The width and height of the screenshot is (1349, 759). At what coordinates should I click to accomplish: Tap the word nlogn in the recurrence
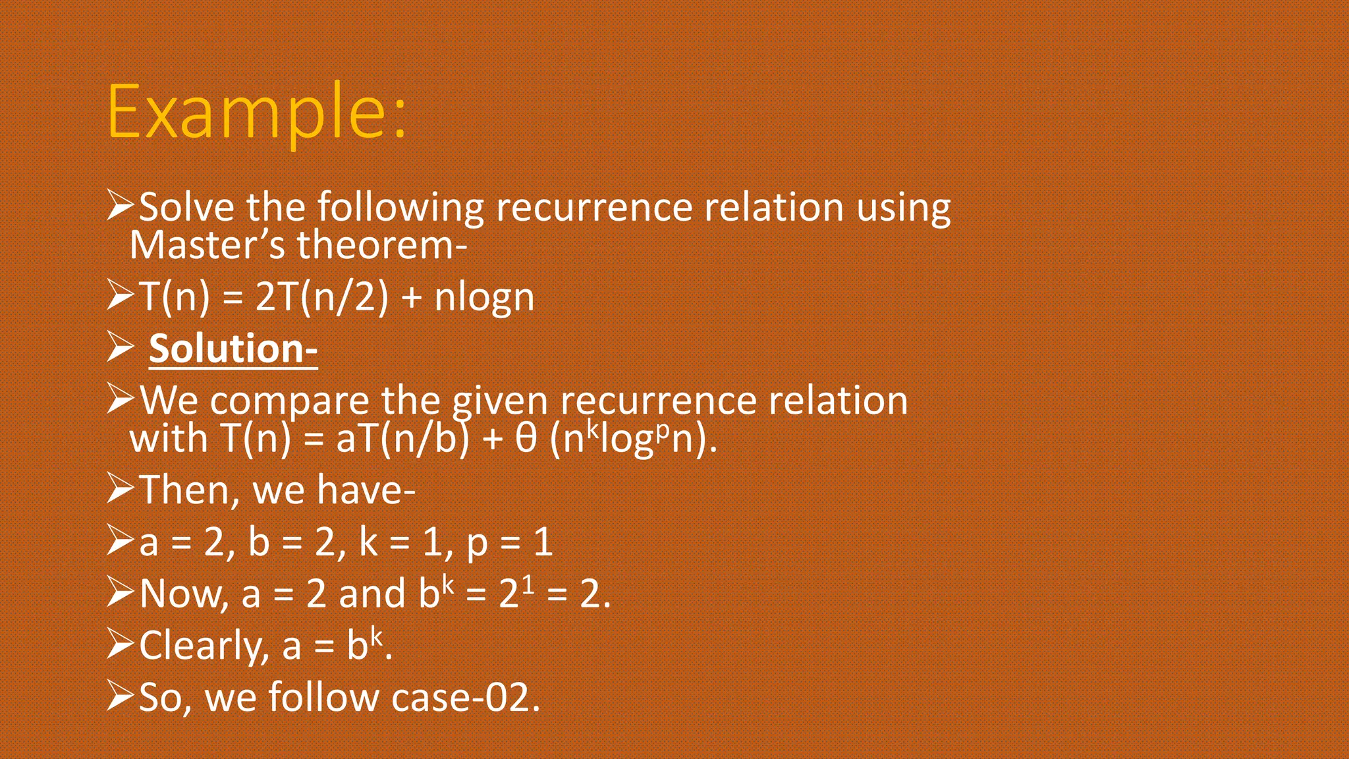[x=484, y=298]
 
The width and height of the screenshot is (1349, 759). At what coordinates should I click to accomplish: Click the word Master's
[x=207, y=245]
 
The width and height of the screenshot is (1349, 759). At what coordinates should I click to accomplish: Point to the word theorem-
[x=382, y=245]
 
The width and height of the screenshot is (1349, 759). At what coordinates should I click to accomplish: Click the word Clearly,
[x=204, y=646]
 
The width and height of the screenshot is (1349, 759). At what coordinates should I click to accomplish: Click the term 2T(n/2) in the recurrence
[x=321, y=297]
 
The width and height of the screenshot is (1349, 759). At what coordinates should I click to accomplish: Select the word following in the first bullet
[x=400, y=208]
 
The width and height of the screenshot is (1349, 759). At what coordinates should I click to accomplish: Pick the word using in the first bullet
[x=903, y=209]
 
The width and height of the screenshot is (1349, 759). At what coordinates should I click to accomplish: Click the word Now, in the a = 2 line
[x=184, y=594]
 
